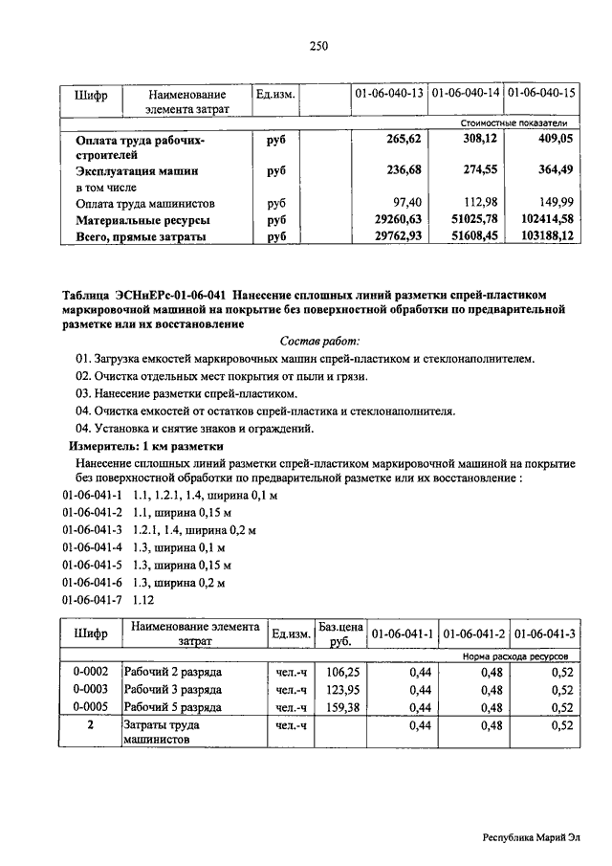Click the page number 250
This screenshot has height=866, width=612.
click(x=318, y=47)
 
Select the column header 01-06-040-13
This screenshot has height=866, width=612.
click(x=389, y=94)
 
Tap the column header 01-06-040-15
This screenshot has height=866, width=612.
click(x=542, y=94)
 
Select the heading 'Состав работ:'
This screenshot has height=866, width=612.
click(x=319, y=341)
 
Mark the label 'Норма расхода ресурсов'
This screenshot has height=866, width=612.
click(x=515, y=657)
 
